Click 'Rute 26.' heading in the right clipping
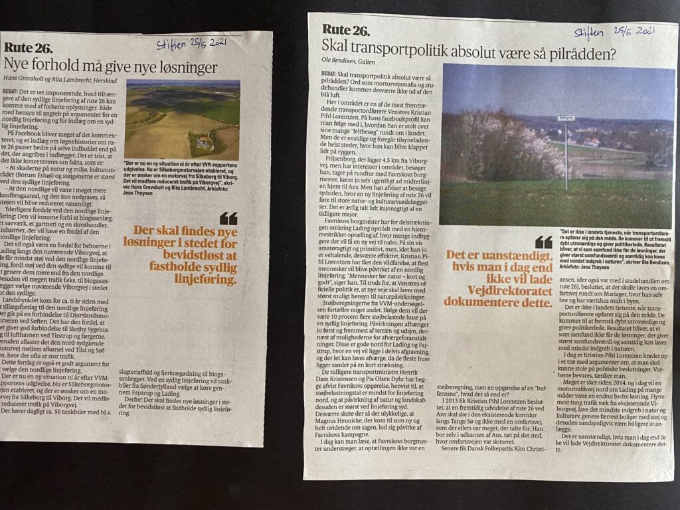[x=345, y=29]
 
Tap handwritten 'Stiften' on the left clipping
[x=172, y=44]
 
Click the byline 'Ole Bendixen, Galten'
[x=347, y=62]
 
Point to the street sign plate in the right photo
[x=566, y=118]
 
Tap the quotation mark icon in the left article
[x=228, y=218]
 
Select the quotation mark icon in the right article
[x=543, y=242]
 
